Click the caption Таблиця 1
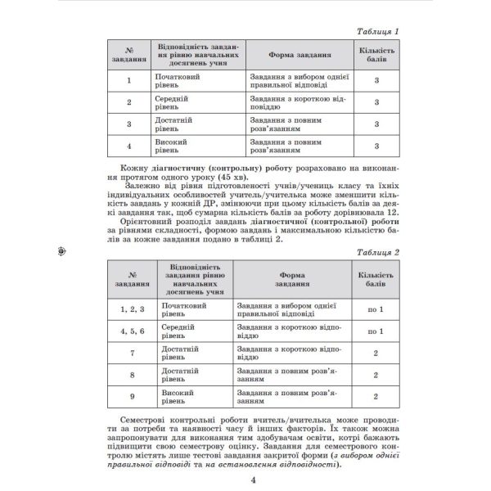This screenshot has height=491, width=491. [373, 32]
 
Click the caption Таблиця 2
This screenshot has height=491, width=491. [373, 253]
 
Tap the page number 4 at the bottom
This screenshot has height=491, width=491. [243, 479]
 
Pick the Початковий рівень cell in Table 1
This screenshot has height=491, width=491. [172, 80]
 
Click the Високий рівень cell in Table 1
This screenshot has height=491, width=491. [172, 146]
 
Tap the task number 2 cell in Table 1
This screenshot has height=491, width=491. [129, 102]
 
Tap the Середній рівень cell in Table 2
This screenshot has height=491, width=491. [172, 331]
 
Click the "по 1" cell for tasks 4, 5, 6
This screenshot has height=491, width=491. [376, 331]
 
